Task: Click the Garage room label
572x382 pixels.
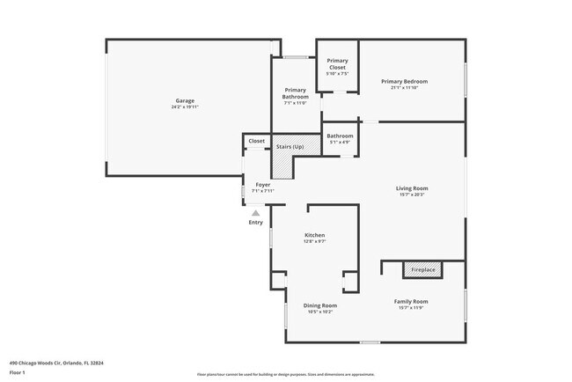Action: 185,100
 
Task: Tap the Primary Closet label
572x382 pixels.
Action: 337,63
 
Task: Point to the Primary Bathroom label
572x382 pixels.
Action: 295,92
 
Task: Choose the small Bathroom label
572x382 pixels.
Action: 340,136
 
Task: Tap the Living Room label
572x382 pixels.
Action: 411,188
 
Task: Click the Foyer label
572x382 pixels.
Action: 263,185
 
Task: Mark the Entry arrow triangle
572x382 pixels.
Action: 255,213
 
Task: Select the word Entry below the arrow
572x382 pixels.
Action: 255,223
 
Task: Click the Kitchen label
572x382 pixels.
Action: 315,236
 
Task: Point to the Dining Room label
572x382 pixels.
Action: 320,305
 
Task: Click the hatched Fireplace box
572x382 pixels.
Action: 422,269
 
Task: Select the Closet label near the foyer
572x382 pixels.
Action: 256,141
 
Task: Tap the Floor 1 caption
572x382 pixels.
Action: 17,372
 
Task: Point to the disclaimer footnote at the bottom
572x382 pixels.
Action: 285,374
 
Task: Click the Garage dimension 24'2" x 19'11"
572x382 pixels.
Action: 185,107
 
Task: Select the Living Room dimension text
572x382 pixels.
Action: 411,195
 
